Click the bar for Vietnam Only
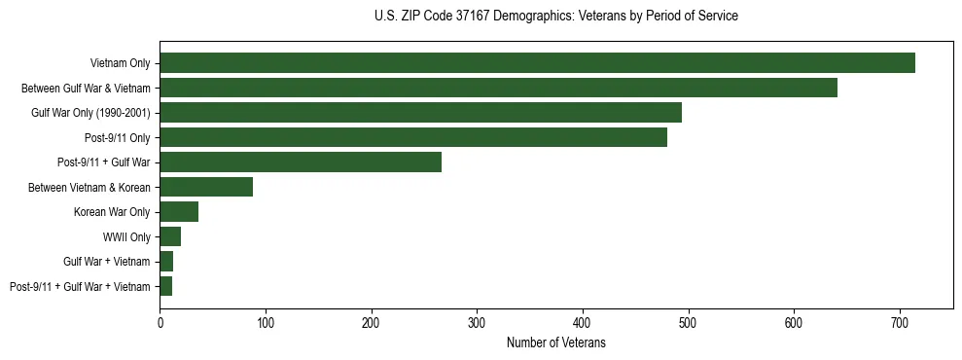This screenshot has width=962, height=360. point(537,63)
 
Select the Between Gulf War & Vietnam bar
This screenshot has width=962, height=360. point(498,88)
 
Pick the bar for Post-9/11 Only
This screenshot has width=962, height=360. point(413,137)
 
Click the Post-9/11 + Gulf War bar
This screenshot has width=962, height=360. point(301,162)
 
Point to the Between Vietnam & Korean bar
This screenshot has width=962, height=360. point(206,187)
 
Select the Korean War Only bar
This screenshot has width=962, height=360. point(179,212)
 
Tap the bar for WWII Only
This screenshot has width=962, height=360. point(170,236)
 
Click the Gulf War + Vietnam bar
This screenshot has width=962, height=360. point(166,262)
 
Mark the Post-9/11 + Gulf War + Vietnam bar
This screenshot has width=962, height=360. point(166,286)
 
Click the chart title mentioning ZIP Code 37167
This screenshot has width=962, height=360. point(555,17)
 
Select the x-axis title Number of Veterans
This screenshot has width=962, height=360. point(555,343)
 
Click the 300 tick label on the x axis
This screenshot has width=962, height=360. point(477,324)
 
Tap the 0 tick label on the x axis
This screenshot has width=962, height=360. point(160,324)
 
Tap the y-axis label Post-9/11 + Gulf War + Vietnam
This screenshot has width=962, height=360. point(80,287)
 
